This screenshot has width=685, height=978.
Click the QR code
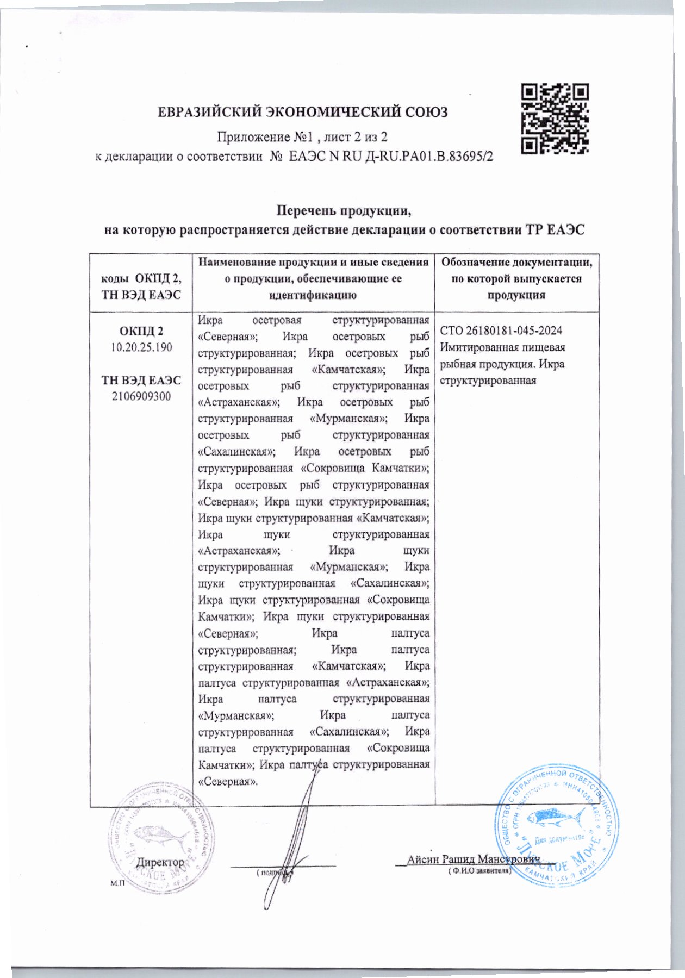[555, 118]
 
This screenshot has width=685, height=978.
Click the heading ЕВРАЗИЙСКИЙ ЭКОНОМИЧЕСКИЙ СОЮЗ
[302, 113]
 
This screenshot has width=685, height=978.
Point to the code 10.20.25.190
[141, 347]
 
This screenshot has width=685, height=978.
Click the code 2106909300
[141, 396]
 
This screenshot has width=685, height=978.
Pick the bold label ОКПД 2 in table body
[141, 331]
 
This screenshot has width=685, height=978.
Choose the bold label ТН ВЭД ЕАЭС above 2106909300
[141, 380]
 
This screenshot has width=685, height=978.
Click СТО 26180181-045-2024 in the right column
[501, 331]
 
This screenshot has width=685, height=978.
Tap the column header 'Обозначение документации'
[516, 263]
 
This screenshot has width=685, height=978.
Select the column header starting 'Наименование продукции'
[313, 263]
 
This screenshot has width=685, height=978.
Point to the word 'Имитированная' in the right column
[472, 347]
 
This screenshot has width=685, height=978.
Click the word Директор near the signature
[160, 862]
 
